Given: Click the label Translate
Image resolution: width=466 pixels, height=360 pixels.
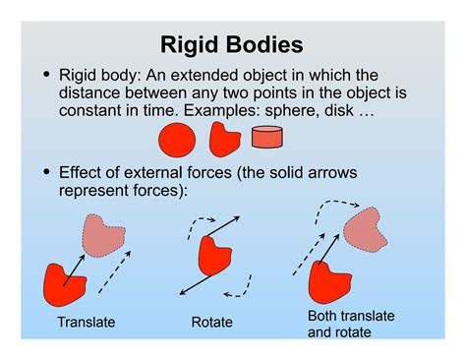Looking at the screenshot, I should (87, 323).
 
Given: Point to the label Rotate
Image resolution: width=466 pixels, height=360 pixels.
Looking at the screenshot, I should (213, 323).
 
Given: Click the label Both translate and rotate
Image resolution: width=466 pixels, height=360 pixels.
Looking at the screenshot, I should (351, 324).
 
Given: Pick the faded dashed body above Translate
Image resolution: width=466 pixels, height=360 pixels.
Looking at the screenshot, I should (101, 234).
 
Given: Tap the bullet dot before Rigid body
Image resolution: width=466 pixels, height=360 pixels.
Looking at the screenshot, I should (45, 75).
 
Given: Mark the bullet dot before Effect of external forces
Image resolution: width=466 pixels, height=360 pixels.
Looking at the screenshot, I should (45, 172).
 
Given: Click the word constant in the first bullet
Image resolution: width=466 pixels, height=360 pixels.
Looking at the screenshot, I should (88, 110).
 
